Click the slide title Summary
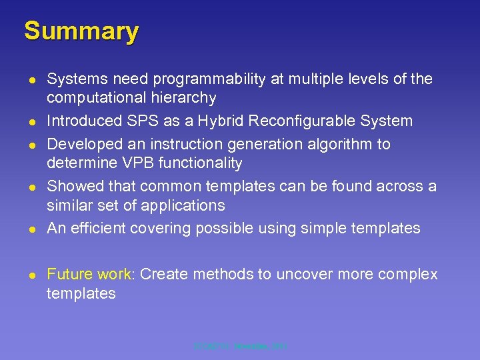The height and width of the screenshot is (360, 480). (x=81, y=31)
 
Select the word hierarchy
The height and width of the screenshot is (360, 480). (x=184, y=98)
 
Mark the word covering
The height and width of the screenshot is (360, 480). (x=155, y=228)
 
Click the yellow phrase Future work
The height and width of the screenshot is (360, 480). (x=89, y=275)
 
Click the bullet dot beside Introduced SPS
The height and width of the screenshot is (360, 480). (x=31, y=121)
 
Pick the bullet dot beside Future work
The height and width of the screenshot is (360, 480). (x=31, y=275)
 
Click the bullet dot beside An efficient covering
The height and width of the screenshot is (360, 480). (x=31, y=229)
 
